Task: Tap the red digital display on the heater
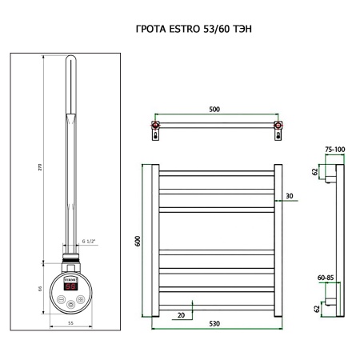tap(71, 286)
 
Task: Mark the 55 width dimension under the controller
tap(71, 322)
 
